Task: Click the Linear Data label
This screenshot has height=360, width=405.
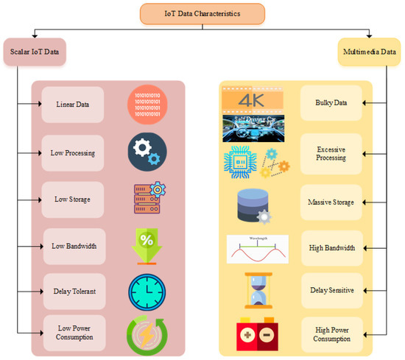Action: coord(72,104)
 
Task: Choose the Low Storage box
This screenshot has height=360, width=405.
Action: coord(72,198)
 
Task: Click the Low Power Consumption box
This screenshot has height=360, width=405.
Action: coord(74,331)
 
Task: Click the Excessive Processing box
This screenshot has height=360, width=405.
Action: coord(331,153)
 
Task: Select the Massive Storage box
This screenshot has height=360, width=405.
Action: coord(331,202)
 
